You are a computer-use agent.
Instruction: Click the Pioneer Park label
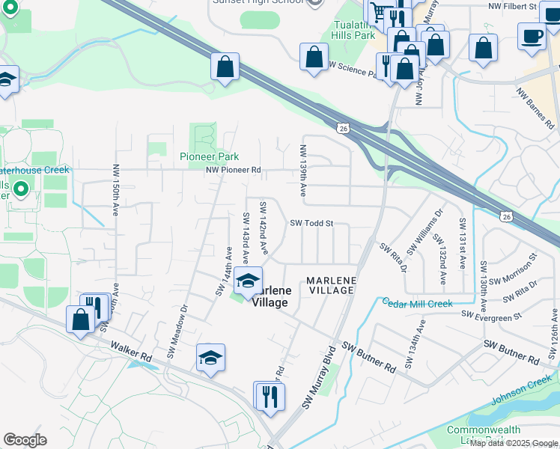209,156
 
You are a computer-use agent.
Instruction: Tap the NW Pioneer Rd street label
234,170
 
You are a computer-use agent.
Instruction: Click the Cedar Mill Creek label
418,303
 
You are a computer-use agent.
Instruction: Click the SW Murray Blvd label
317,377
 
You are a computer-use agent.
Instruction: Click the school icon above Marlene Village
246,281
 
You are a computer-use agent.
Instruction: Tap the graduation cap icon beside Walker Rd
211,358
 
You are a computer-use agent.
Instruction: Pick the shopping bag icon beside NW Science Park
314,58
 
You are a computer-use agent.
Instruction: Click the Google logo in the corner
25,440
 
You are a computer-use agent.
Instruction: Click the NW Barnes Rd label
535,107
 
